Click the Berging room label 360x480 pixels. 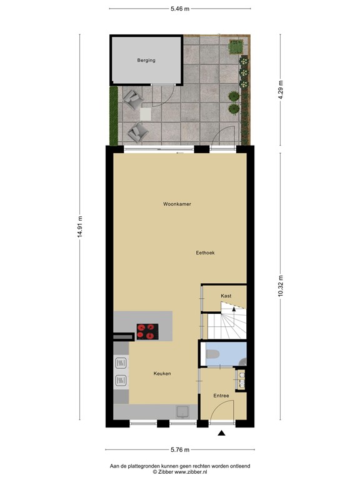tap(146, 61)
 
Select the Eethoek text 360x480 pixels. tap(205, 252)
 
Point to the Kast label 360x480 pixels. tap(226, 296)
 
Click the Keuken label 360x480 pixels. tap(162, 374)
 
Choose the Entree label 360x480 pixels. tap(221, 396)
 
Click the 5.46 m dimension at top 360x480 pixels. tap(180, 9)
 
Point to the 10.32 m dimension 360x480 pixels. tap(281, 286)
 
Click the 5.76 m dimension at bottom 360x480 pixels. tap(180, 449)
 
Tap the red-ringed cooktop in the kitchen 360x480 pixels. tap(147, 331)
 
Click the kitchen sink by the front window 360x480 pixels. tap(182, 411)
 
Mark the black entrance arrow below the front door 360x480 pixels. tap(221, 432)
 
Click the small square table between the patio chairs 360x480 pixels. tap(146, 114)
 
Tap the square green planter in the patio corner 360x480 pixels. tap(236, 46)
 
